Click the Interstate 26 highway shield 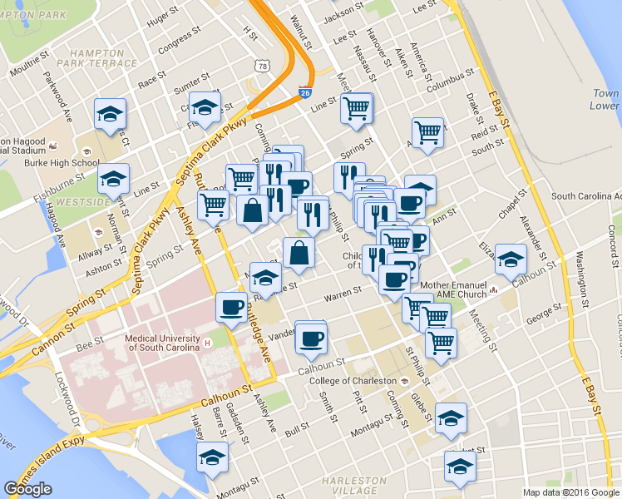(305, 94)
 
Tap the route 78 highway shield (262, 65)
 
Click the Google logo (27, 489)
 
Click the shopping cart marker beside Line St (356, 107)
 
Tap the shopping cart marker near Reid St (427, 131)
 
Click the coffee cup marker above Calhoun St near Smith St (311, 337)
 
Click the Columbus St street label (449, 86)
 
